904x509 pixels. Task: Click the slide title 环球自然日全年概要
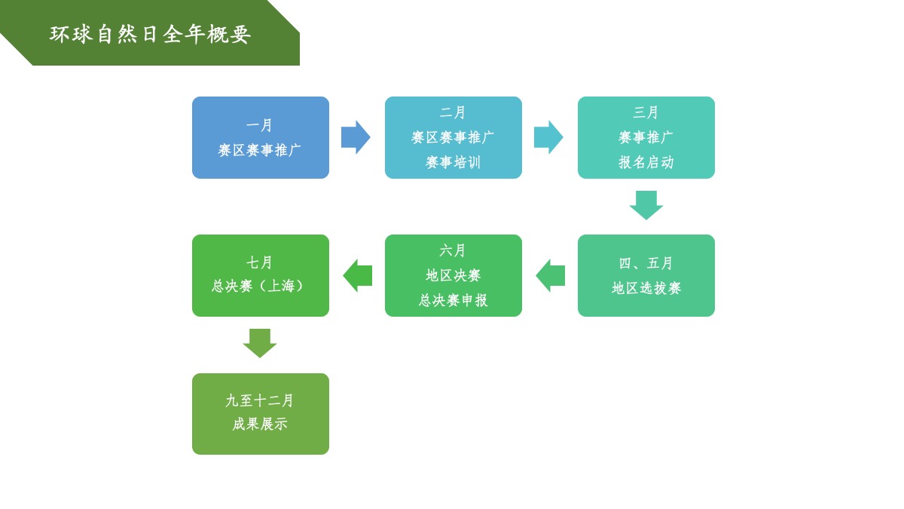point(150,34)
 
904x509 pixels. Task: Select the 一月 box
point(260,137)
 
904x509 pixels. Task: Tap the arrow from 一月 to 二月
point(356,137)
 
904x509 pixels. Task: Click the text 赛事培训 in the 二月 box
point(453,162)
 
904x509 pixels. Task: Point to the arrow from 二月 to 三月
point(548,137)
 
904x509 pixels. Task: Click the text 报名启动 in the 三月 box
point(646,162)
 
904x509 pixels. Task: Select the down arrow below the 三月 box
point(646,204)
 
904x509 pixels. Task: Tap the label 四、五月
point(646,263)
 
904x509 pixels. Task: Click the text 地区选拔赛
point(646,288)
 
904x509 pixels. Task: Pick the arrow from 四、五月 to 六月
point(551,275)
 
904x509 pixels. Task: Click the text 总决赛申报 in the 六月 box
point(453,300)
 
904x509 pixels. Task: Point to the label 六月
point(453,250)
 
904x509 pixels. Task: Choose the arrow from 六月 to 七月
point(358,275)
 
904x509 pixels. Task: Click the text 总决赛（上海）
point(260,286)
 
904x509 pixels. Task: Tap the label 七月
point(260,262)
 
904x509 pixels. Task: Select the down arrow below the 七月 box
point(260,343)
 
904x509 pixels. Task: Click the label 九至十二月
point(260,400)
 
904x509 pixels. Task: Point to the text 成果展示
point(260,424)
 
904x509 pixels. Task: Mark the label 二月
point(453,112)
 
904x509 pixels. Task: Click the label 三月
point(646,112)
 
